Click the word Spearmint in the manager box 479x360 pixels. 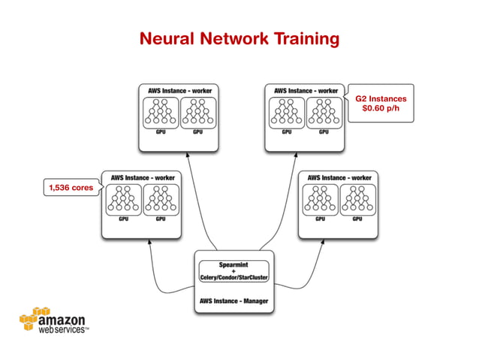pyautogui.click(x=233, y=265)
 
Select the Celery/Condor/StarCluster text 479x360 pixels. pyautogui.click(x=233, y=278)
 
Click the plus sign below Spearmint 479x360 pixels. pyautogui.click(x=233, y=271)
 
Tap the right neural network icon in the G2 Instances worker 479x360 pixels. pyautogui.click(x=324, y=113)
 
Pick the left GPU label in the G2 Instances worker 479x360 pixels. pyautogui.click(x=287, y=132)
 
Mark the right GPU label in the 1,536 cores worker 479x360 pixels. pyautogui.click(x=161, y=219)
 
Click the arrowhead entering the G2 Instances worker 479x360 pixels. pyautogui.click(x=294, y=155)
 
